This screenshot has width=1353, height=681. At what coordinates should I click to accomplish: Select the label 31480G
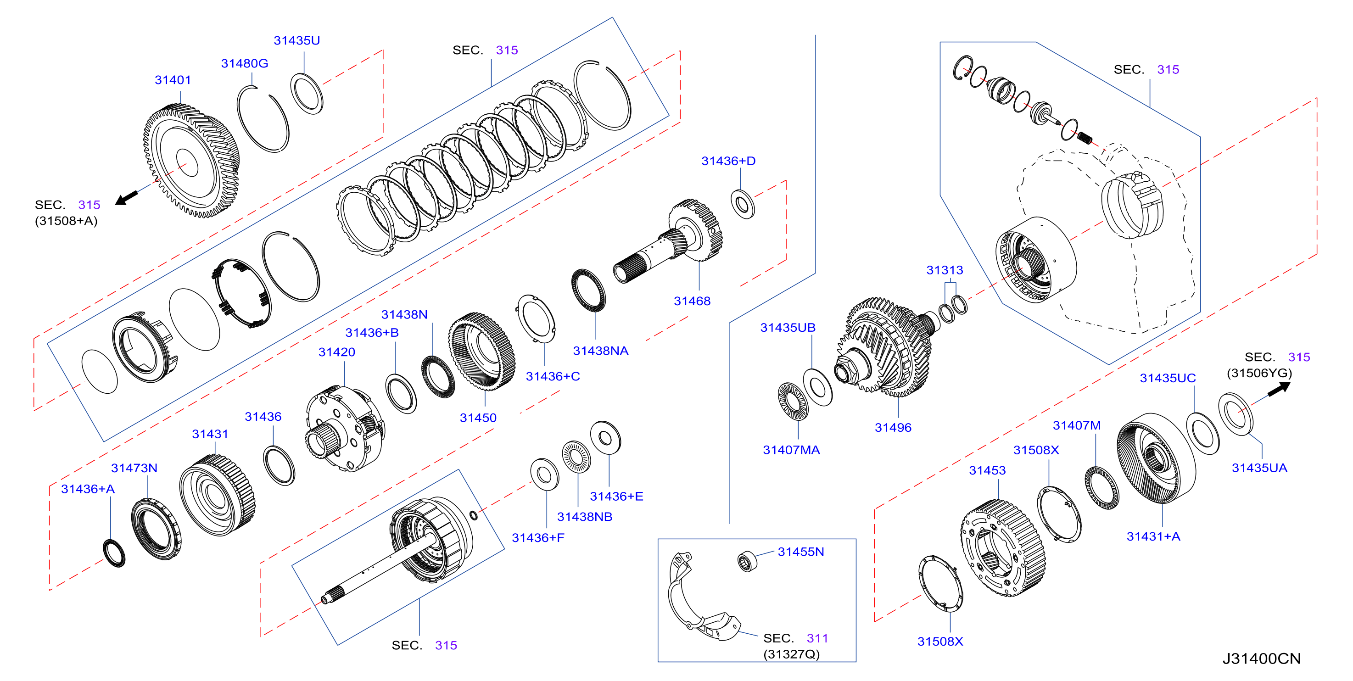coord(244,63)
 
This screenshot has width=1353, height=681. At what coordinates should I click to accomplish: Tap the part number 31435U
coord(297,40)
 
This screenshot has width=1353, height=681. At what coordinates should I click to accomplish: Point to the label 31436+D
coord(728,161)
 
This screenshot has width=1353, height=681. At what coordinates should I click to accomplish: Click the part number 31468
coord(692,301)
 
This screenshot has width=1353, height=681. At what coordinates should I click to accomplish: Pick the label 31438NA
coord(600,351)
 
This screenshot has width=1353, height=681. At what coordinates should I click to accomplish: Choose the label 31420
coord(337,352)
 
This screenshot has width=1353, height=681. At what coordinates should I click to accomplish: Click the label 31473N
coord(134,468)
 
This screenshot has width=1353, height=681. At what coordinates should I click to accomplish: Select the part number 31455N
coord(800,552)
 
